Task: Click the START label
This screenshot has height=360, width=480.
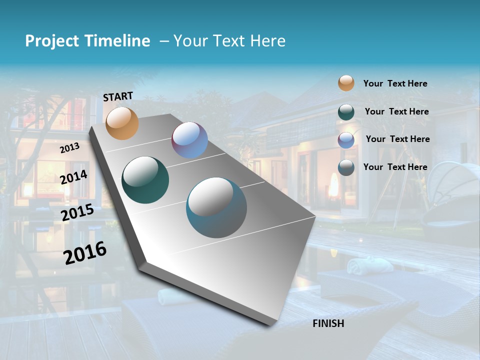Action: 118,96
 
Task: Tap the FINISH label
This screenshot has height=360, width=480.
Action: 328,323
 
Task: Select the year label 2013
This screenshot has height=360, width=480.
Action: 70,148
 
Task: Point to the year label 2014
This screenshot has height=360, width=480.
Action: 74,177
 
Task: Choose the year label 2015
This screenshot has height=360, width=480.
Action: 77,212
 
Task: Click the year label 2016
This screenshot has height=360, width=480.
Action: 85,252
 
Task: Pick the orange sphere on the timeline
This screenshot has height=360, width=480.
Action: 122,123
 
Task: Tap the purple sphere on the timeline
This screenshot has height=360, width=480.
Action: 189,140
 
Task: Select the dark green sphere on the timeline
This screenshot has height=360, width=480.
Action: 145,180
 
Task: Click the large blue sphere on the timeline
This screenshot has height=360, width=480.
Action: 216,207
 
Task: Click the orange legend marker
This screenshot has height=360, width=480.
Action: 346,83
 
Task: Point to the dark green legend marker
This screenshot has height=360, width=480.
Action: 346,112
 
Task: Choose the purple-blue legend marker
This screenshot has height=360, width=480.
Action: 346,140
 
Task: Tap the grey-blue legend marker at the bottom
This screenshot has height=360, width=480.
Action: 346,167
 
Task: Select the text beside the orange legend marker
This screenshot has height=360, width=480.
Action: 395,83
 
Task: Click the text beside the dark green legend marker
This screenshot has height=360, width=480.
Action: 396,111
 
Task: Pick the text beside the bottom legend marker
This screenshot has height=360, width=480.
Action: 395,167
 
